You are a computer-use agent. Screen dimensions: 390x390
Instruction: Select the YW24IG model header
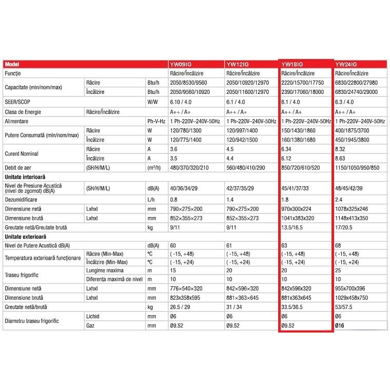345,64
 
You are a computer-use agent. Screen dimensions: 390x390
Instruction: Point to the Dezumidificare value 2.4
339,199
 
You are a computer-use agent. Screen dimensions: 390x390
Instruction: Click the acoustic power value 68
338,246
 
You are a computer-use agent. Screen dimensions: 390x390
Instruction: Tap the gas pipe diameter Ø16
341,325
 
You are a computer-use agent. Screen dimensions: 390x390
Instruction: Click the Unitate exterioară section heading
26,237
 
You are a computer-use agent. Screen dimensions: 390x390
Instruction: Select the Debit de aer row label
19,168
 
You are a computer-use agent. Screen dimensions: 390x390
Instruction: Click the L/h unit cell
151,199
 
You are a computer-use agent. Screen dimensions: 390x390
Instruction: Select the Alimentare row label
17,121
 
